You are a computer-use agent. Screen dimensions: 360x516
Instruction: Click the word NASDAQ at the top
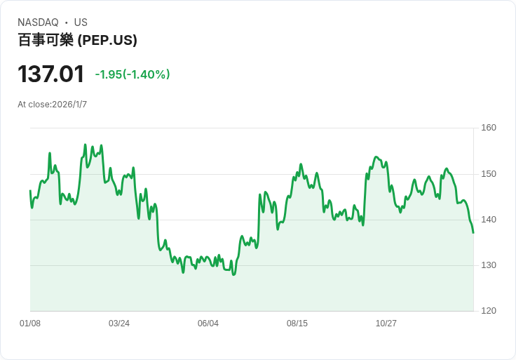pos(37,22)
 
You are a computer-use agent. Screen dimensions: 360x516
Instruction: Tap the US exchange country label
pos(81,22)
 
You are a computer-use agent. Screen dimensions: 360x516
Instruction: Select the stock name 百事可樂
pos(46,40)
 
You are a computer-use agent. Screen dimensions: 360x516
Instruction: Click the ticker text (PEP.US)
pos(107,40)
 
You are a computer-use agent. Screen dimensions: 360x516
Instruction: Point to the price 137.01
pos(50,74)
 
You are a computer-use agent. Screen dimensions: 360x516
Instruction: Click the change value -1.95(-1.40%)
pos(133,74)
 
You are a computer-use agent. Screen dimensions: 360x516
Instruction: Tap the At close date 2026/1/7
pos(67,105)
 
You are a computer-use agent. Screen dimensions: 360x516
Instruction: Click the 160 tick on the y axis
pos(489,128)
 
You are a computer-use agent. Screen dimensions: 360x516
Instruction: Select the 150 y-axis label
pos(489,174)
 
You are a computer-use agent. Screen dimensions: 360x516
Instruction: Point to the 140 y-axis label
pos(489,220)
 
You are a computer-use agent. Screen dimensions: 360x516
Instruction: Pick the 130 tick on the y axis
pos(489,265)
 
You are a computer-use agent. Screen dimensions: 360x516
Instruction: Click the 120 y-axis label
pos(489,311)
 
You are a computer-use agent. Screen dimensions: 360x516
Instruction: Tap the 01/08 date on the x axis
pos(30,324)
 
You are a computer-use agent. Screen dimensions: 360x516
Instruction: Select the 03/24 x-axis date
pos(119,324)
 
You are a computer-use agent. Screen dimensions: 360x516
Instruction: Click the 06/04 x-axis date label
pos(208,324)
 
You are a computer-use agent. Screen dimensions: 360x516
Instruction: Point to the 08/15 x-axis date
pos(297,324)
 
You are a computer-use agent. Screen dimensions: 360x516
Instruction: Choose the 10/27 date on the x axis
pos(386,324)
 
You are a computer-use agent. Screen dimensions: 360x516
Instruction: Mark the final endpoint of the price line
pos(473,232)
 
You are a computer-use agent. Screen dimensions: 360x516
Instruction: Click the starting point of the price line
pos(30,191)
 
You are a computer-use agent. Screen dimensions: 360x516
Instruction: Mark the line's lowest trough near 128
pos(233,274)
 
